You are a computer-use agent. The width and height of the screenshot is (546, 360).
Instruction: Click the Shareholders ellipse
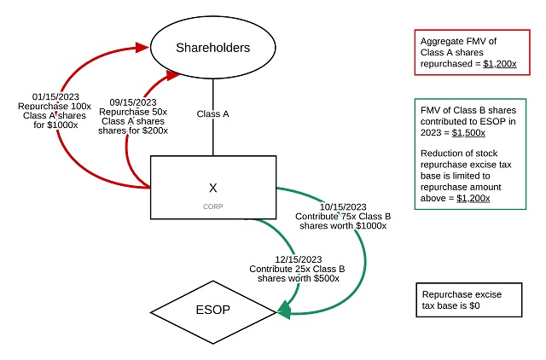click(213, 47)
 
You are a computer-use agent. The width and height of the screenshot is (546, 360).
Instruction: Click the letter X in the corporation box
click(212, 187)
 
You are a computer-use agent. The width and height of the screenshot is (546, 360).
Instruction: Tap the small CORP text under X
click(212, 206)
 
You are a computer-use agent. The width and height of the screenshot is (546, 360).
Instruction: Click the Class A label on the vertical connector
click(212, 113)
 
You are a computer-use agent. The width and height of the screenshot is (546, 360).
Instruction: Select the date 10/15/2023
click(341, 207)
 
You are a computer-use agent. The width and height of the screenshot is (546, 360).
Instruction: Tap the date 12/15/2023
click(298, 258)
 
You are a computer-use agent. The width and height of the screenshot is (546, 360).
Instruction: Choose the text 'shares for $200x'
click(135, 131)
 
